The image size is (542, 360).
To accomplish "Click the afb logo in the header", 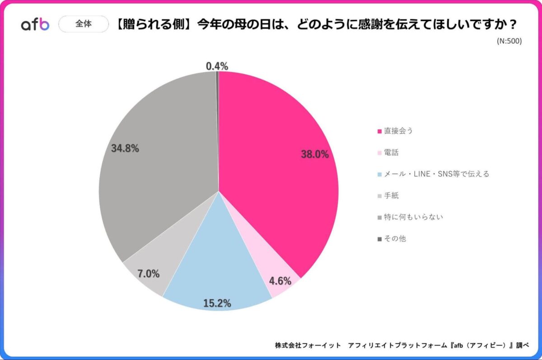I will (x=35, y=24).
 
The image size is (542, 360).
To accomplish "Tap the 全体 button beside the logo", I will (x=84, y=24).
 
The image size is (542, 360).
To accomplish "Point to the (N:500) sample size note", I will (x=509, y=41).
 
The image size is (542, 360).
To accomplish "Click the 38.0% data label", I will (x=315, y=154).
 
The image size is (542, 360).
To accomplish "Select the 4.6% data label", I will (x=280, y=281).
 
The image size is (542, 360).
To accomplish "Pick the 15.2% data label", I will (x=217, y=303).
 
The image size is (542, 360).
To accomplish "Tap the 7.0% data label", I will (x=149, y=273).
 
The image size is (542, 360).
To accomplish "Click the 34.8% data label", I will (x=125, y=148).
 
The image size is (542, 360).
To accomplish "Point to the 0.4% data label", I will (x=217, y=66).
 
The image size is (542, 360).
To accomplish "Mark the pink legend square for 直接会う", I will (x=379, y=131).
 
